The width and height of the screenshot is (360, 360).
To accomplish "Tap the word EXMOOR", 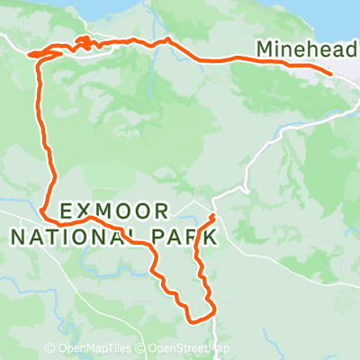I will (x=114, y=212).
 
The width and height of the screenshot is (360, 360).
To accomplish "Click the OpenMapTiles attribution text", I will (x=98, y=349).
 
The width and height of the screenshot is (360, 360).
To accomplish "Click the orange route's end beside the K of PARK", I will (x=211, y=217).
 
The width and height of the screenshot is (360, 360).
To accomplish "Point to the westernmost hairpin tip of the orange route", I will (x=32, y=55).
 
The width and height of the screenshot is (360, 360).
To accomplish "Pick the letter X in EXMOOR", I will (x=86, y=212).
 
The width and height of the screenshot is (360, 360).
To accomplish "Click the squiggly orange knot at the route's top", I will (x=82, y=42).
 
